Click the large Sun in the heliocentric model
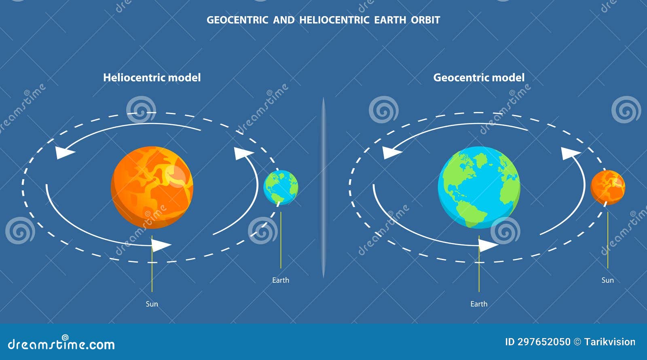point(152,187)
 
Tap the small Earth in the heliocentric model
point(281,187)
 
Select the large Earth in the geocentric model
point(479,187)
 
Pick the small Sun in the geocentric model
point(607,187)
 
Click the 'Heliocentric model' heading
point(152,77)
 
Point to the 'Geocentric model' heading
point(479,77)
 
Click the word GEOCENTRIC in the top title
point(237,20)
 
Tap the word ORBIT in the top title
point(425,20)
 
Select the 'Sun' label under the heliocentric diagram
point(152,304)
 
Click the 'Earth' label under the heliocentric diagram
point(281,280)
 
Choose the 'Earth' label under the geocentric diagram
point(479,304)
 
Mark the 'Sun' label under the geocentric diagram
point(607,280)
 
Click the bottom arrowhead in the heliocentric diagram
point(161,245)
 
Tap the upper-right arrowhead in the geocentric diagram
point(570,153)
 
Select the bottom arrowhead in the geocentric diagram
point(487,245)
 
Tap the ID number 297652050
point(544,342)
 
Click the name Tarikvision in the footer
point(610,342)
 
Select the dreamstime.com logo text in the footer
point(61,344)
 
